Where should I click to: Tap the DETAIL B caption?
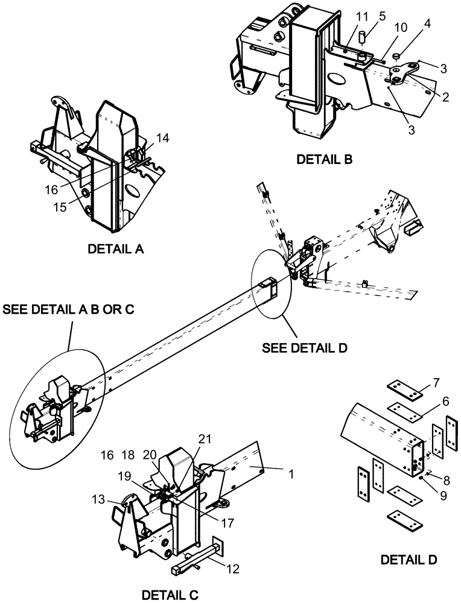[x=324, y=160]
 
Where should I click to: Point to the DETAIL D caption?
[x=409, y=560]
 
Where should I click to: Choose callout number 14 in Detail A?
[x=164, y=138]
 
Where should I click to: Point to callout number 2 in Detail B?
[x=445, y=96]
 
